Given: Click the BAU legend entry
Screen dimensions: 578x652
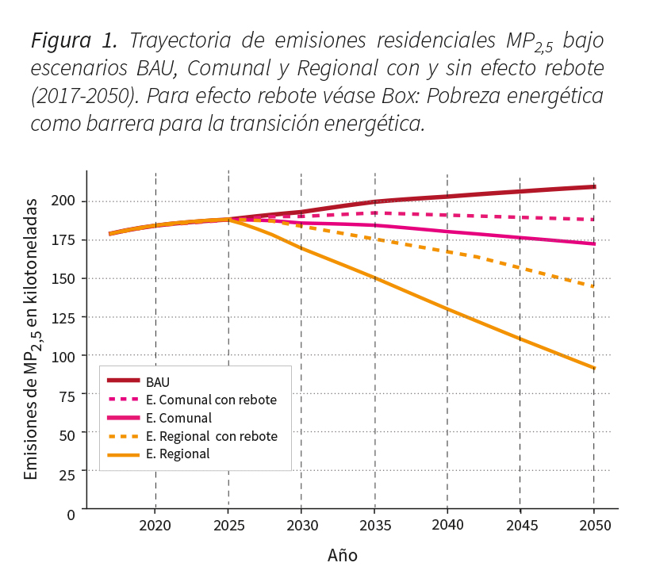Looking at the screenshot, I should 158,382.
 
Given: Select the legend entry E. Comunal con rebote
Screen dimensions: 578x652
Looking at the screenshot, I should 211,400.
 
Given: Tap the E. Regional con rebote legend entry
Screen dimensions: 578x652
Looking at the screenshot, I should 211,436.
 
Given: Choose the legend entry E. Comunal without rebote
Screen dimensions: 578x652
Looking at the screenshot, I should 178,418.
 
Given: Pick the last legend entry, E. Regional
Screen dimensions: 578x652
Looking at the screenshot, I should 178,454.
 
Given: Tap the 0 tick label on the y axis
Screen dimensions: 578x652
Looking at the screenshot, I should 71,514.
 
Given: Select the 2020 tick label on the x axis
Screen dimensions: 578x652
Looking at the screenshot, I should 155,526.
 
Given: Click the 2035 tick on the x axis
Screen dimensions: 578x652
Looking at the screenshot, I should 374,526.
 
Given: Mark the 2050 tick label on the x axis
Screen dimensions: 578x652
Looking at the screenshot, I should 594,526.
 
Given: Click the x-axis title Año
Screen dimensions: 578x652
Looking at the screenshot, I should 343,556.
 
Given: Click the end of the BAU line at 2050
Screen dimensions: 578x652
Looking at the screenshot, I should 594,187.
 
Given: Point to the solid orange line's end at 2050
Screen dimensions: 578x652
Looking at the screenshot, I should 594,368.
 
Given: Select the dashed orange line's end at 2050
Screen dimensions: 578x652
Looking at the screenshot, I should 593,286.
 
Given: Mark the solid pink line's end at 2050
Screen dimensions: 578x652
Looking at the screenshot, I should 594,243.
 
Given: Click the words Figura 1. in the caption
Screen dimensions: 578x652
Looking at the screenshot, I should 75,40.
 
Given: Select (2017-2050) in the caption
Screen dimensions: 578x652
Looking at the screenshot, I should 82,97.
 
